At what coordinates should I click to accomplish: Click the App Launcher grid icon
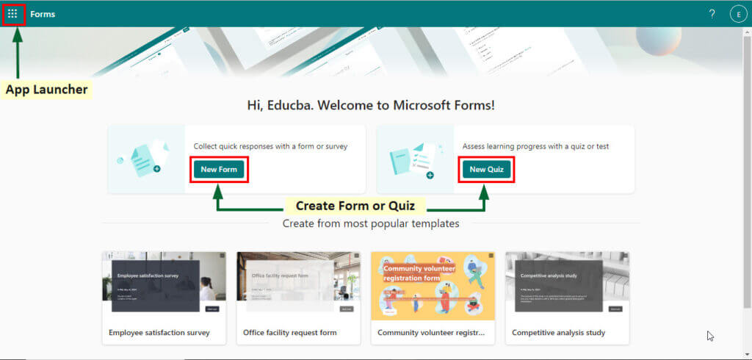click(x=13, y=14)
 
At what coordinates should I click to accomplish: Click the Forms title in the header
click(x=43, y=14)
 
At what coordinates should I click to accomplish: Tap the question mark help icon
click(x=712, y=14)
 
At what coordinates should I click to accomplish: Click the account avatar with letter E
click(x=737, y=14)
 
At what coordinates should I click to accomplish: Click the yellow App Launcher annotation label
click(x=47, y=90)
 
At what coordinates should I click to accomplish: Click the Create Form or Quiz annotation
click(x=355, y=206)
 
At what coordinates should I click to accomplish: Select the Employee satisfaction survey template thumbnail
click(x=164, y=286)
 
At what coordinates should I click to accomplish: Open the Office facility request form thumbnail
click(x=298, y=286)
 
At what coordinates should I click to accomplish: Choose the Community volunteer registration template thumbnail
click(x=433, y=286)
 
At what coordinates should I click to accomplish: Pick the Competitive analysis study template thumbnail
click(x=567, y=286)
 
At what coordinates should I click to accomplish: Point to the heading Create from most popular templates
click(x=371, y=223)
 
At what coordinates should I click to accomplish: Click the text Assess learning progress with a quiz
click(x=535, y=146)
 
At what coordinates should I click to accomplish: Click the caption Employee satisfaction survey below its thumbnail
click(x=159, y=333)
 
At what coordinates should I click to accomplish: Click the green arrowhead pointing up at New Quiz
click(x=485, y=191)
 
